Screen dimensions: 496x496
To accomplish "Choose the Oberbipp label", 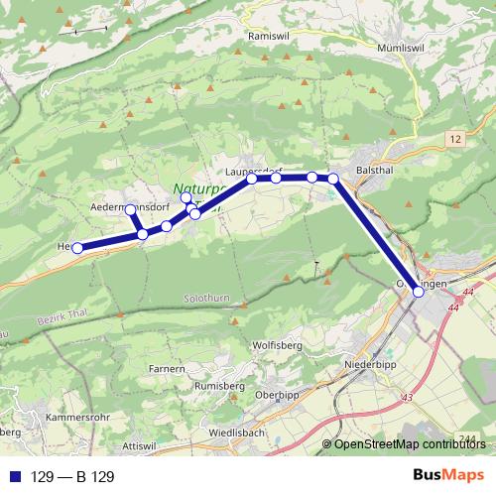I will [278, 395].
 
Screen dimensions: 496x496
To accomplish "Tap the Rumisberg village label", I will [219, 385].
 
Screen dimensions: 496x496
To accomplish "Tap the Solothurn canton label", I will [207, 296].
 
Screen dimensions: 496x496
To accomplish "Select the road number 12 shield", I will [455, 139].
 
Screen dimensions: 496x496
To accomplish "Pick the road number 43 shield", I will [405, 398].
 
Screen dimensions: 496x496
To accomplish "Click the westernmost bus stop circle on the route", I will [77, 248].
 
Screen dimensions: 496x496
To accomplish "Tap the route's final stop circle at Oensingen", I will [418, 292].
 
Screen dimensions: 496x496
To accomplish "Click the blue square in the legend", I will [16, 477].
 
